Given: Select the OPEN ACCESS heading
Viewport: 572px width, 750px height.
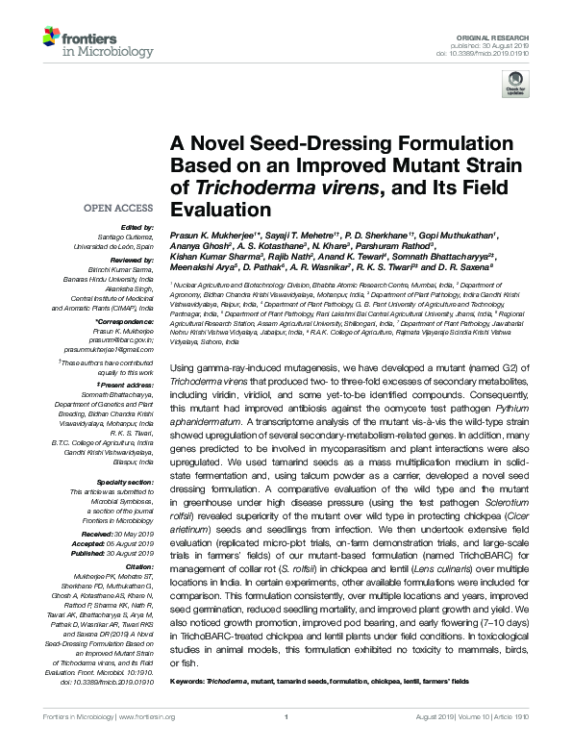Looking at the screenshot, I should click(x=117, y=207).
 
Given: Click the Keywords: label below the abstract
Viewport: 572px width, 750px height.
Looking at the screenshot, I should click(x=187, y=680).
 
